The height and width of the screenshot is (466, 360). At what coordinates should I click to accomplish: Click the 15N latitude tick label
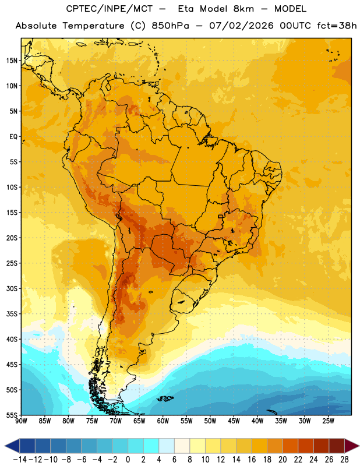pos(12,61)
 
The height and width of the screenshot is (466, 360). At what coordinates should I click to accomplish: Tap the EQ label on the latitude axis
pos(13,137)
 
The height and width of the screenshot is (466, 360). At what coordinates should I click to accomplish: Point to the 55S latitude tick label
pos(12,415)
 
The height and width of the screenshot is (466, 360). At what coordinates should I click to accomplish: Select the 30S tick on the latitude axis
pos(12,288)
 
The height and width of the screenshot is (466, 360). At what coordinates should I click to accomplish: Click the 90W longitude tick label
pos(21,421)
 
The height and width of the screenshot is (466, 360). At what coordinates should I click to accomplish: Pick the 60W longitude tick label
pos(163,421)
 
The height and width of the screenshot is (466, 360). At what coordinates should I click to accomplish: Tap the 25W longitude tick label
pos(328,421)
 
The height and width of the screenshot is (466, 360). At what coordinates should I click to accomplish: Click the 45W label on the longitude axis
pos(234,421)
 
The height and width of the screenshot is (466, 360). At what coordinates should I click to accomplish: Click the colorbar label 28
pos(344,460)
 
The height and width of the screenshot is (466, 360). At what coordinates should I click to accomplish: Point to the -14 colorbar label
pos(20,460)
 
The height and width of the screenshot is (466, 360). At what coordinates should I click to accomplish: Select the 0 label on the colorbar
pos(128,460)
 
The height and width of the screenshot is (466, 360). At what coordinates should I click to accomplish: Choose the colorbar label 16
pos(252,460)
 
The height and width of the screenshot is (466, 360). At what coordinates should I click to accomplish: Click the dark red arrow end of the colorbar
pos(351,446)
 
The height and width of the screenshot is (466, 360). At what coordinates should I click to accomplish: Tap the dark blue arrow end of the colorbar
pos(12,446)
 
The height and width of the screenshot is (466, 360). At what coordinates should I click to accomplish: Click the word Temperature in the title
pos(93,26)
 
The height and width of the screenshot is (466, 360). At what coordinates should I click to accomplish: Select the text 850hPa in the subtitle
pos(170,26)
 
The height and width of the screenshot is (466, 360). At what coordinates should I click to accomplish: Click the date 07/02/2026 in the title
pos(241,26)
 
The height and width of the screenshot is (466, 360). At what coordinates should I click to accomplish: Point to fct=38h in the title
pos(337,26)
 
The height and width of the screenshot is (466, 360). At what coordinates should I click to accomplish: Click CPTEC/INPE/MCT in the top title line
pos(110,9)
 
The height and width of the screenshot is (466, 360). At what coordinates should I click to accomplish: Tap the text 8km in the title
pos(243,9)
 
